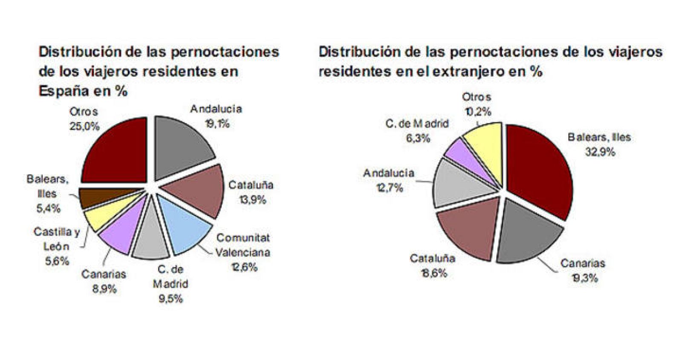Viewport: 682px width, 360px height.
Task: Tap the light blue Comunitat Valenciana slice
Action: tap(183, 226)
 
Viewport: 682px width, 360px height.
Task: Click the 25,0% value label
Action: tap(84, 127)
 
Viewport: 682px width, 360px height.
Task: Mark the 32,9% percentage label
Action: tap(600, 152)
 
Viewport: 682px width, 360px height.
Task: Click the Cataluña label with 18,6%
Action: tap(432, 258)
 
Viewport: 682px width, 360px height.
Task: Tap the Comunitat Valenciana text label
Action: tap(243, 245)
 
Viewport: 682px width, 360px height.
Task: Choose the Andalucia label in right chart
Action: tap(388, 173)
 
